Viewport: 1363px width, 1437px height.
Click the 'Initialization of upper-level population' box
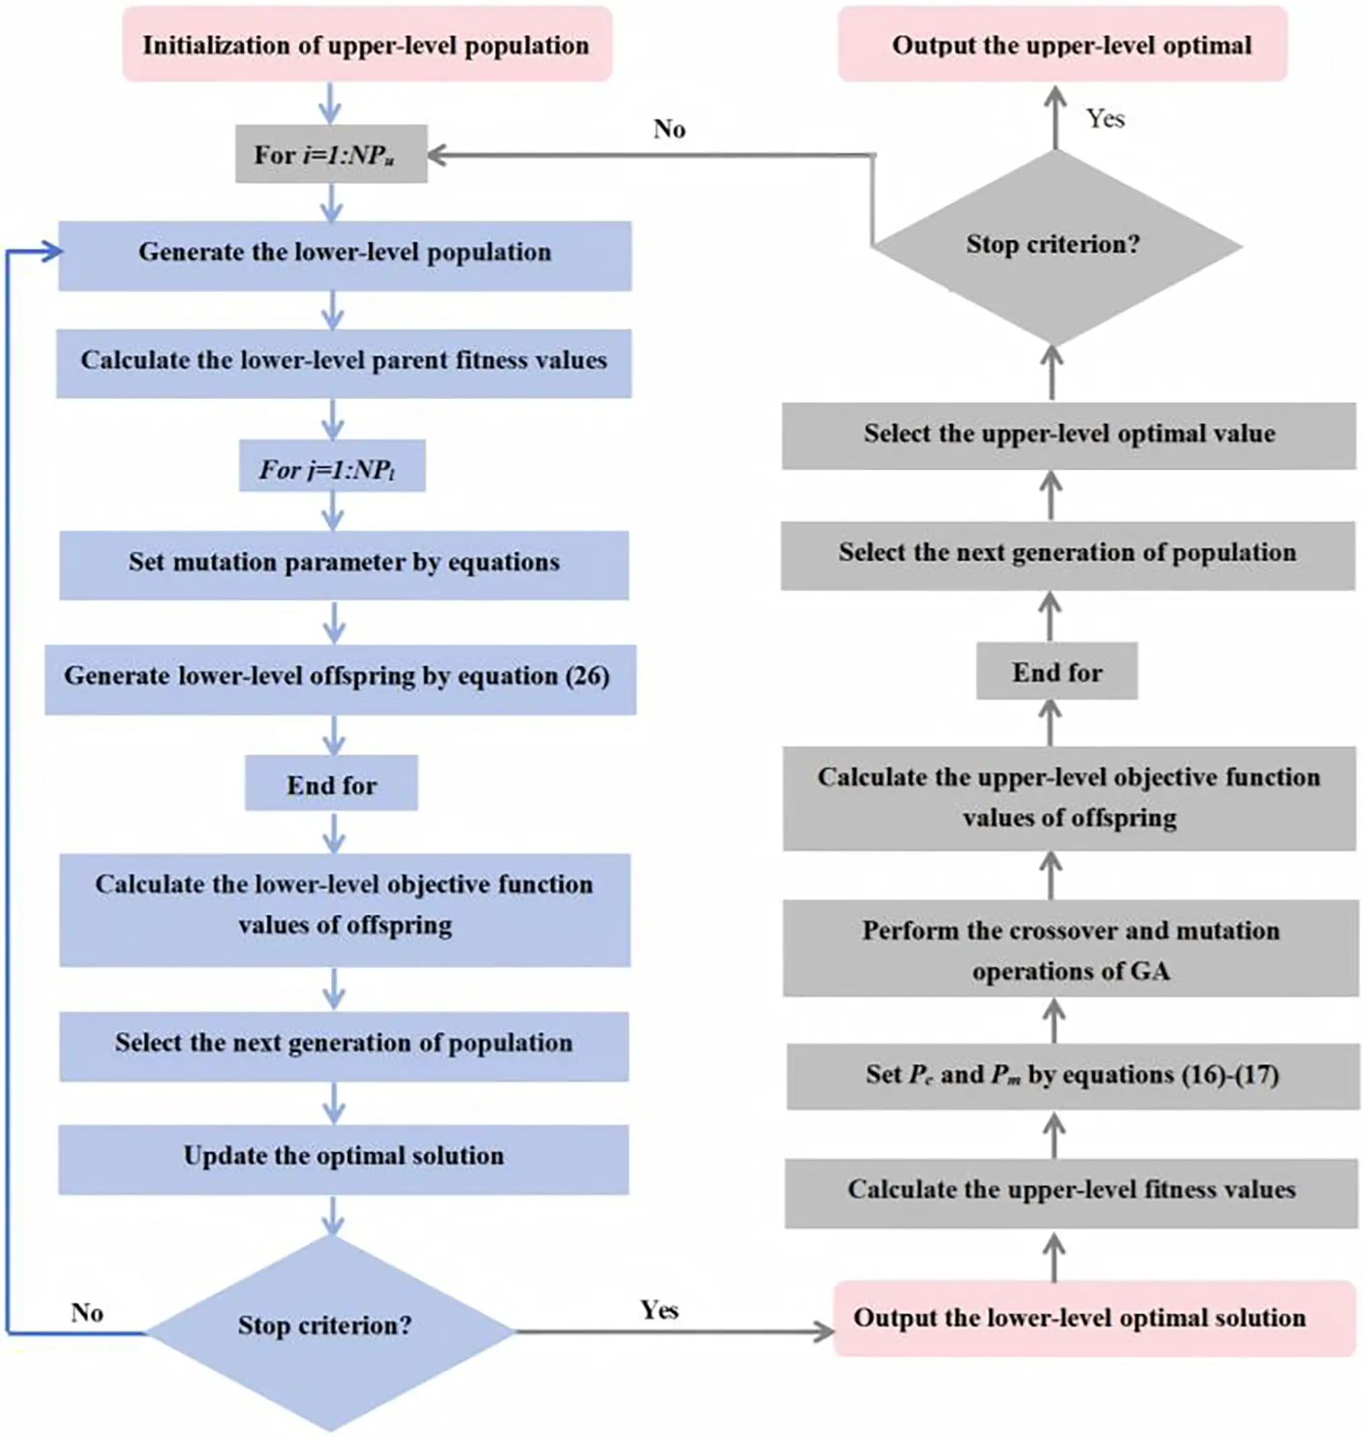tap(366, 45)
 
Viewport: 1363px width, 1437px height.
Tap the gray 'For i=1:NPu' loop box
tap(331, 155)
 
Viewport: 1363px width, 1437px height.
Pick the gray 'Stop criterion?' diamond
tap(1053, 245)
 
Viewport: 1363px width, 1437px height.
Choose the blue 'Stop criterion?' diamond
tap(331, 1326)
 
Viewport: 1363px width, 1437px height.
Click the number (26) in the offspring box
tap(586, 677)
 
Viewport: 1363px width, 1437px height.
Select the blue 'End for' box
tap(332, 784)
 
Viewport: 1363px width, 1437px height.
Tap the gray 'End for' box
tap(1056, 672)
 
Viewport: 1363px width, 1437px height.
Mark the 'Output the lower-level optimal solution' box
tap(1079, 1317)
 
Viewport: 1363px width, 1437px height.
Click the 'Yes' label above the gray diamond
tap(1105, 119)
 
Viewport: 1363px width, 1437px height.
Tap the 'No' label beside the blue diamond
tap(87, 1313)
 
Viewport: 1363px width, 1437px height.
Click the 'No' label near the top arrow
tap(669, 129)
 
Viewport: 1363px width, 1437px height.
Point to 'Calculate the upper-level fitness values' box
tap(1071, 1191)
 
